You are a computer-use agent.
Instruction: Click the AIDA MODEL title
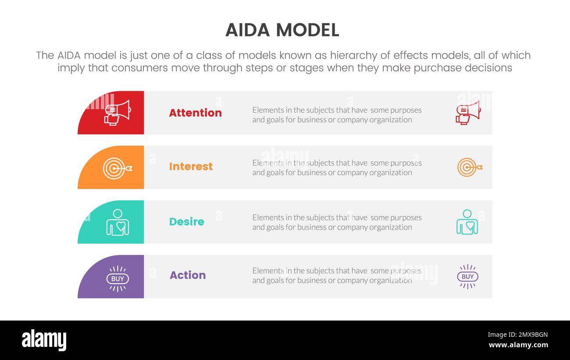[x=282, y=30]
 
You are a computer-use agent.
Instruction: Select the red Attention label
[x=195, y=113]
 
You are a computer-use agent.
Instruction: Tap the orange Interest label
[x=191, y=167]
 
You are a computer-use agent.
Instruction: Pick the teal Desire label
[x=186, y=221]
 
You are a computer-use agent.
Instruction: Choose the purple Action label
[x=188, y=275]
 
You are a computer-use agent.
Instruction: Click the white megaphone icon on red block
[x=117, y=113]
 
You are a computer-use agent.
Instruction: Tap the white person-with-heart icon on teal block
[x=118, y=222]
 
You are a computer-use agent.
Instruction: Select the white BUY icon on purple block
[x=118, y=278]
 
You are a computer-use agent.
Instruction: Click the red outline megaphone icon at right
[x=467, y=113]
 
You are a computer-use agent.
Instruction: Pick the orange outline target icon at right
[x=469, y=168]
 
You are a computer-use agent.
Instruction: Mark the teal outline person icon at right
[x=467, y=222]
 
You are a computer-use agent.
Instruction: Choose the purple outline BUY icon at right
[x=467, y=277]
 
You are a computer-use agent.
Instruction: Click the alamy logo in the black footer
[x=44, y=340]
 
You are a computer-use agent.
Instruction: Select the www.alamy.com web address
[x=518, y=345]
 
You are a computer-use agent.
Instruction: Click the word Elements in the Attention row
[x=267, y=110]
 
